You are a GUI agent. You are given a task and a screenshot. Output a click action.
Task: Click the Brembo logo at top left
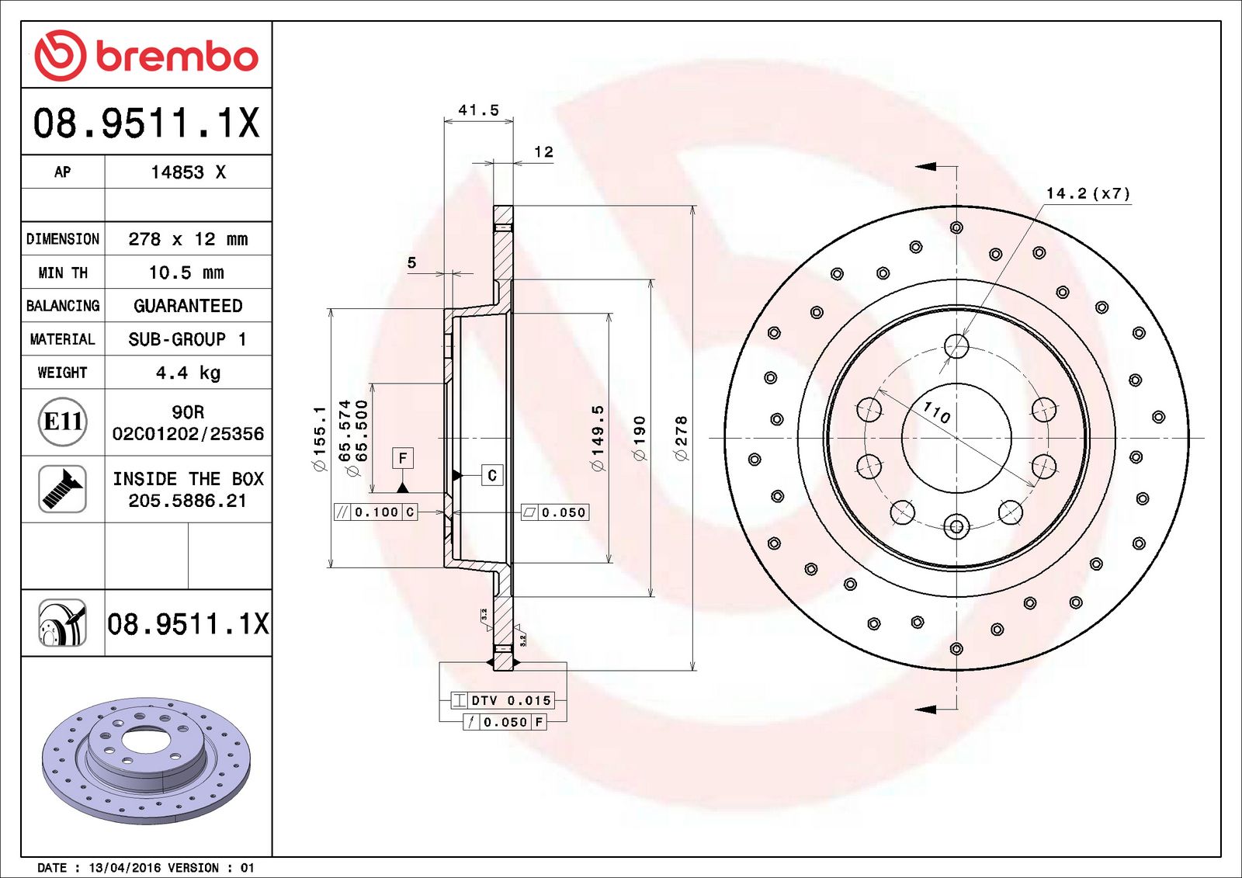(146, 55)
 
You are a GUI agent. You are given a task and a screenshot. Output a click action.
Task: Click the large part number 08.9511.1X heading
(146, 123)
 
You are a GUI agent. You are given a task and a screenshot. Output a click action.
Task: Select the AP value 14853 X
(188, 172)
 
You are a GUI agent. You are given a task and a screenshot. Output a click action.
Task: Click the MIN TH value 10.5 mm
(186, 272)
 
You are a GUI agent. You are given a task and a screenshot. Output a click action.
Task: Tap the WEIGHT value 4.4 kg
(188, 373)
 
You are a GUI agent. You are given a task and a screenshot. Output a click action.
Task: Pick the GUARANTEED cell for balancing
(188, 306)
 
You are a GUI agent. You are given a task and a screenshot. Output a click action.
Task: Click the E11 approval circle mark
(62, 422)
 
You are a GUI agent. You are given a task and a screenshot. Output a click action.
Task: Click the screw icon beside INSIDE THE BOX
(62, 489)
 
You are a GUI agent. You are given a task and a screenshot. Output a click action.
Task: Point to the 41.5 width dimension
(478, 110)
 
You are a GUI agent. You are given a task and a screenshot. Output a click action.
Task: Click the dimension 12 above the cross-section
(543, 152)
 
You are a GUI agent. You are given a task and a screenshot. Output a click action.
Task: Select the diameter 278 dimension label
(682, 439)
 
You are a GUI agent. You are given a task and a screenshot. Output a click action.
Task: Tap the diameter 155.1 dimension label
(319, 439)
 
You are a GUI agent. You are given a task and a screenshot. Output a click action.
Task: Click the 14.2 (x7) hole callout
(1088, 193)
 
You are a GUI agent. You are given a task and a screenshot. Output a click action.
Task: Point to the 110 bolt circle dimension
(937, 412)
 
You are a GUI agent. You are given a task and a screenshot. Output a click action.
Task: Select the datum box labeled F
(402, 458)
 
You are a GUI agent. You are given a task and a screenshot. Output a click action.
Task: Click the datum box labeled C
(491, 475)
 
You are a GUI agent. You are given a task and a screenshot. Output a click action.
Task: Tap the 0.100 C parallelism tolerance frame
(376, 512)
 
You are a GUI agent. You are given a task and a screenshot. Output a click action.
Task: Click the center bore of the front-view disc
(956, 438)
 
